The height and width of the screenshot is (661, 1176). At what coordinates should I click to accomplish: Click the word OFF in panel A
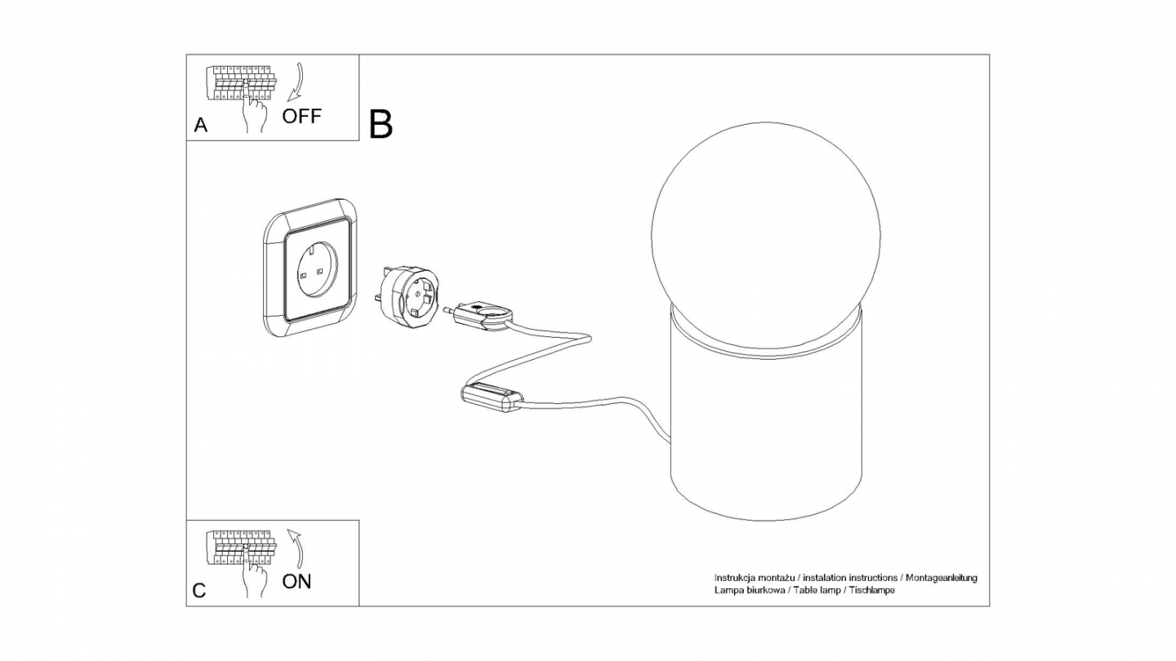(x=302, y=116)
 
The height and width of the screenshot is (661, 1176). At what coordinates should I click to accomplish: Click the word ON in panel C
(x=296, y=582)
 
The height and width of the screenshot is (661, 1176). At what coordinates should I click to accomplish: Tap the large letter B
(x=381, y=123)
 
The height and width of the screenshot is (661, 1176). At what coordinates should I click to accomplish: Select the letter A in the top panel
(x=200, y=126)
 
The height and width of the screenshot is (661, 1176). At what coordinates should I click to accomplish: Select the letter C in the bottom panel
(x=199, y=592)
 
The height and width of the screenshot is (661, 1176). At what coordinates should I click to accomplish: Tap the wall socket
(x=310, y=269)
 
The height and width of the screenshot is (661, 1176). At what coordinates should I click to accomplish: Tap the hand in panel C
(x=255, y=579)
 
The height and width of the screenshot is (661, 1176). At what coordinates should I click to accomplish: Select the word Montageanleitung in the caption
(x=942, y=578)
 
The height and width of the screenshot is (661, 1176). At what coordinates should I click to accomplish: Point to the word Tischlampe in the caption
(x=872, y=590)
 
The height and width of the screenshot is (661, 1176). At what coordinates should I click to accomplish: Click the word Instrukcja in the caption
(x=734, y=578)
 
